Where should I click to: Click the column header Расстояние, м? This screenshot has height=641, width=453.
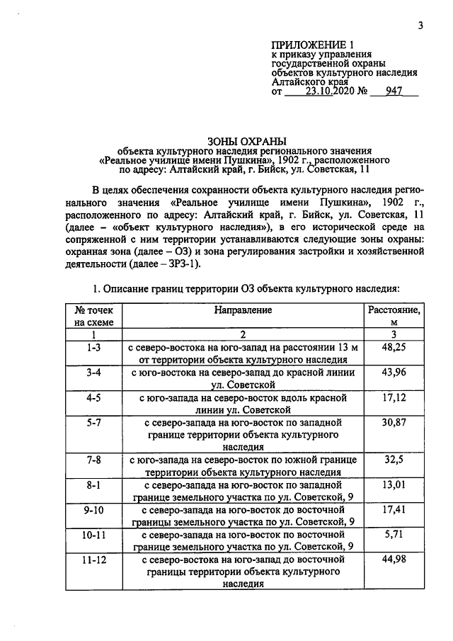tap(394, 316)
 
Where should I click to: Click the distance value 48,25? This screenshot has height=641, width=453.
tap(394, 348)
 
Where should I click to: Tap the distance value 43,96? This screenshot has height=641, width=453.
tap(394, 373)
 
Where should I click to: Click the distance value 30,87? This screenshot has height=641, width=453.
tap(394, 422)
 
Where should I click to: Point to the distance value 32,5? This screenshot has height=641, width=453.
tap(394, 460)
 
